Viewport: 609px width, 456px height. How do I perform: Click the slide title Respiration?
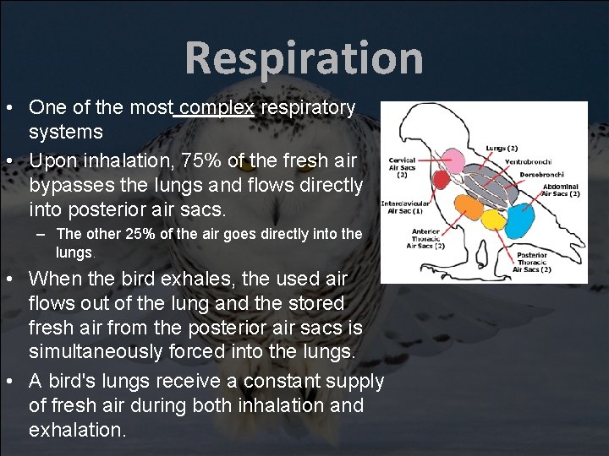tap(304, 58)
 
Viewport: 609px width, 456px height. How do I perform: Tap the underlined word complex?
tap(217, 108)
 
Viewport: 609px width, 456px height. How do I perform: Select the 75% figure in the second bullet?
tap(196, 160)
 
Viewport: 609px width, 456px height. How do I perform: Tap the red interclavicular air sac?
tap(441, 180)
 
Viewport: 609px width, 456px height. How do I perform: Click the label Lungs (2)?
tap(501, 149)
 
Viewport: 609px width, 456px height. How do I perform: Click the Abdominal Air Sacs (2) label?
tap(559, 190)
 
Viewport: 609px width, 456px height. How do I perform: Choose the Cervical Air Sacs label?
tap(402, 166)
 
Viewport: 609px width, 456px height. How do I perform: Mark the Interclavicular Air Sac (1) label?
tap(404, 207)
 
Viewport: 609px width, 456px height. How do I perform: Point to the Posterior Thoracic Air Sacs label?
tap(534, 262)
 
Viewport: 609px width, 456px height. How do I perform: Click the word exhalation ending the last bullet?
tap(77, 430)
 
